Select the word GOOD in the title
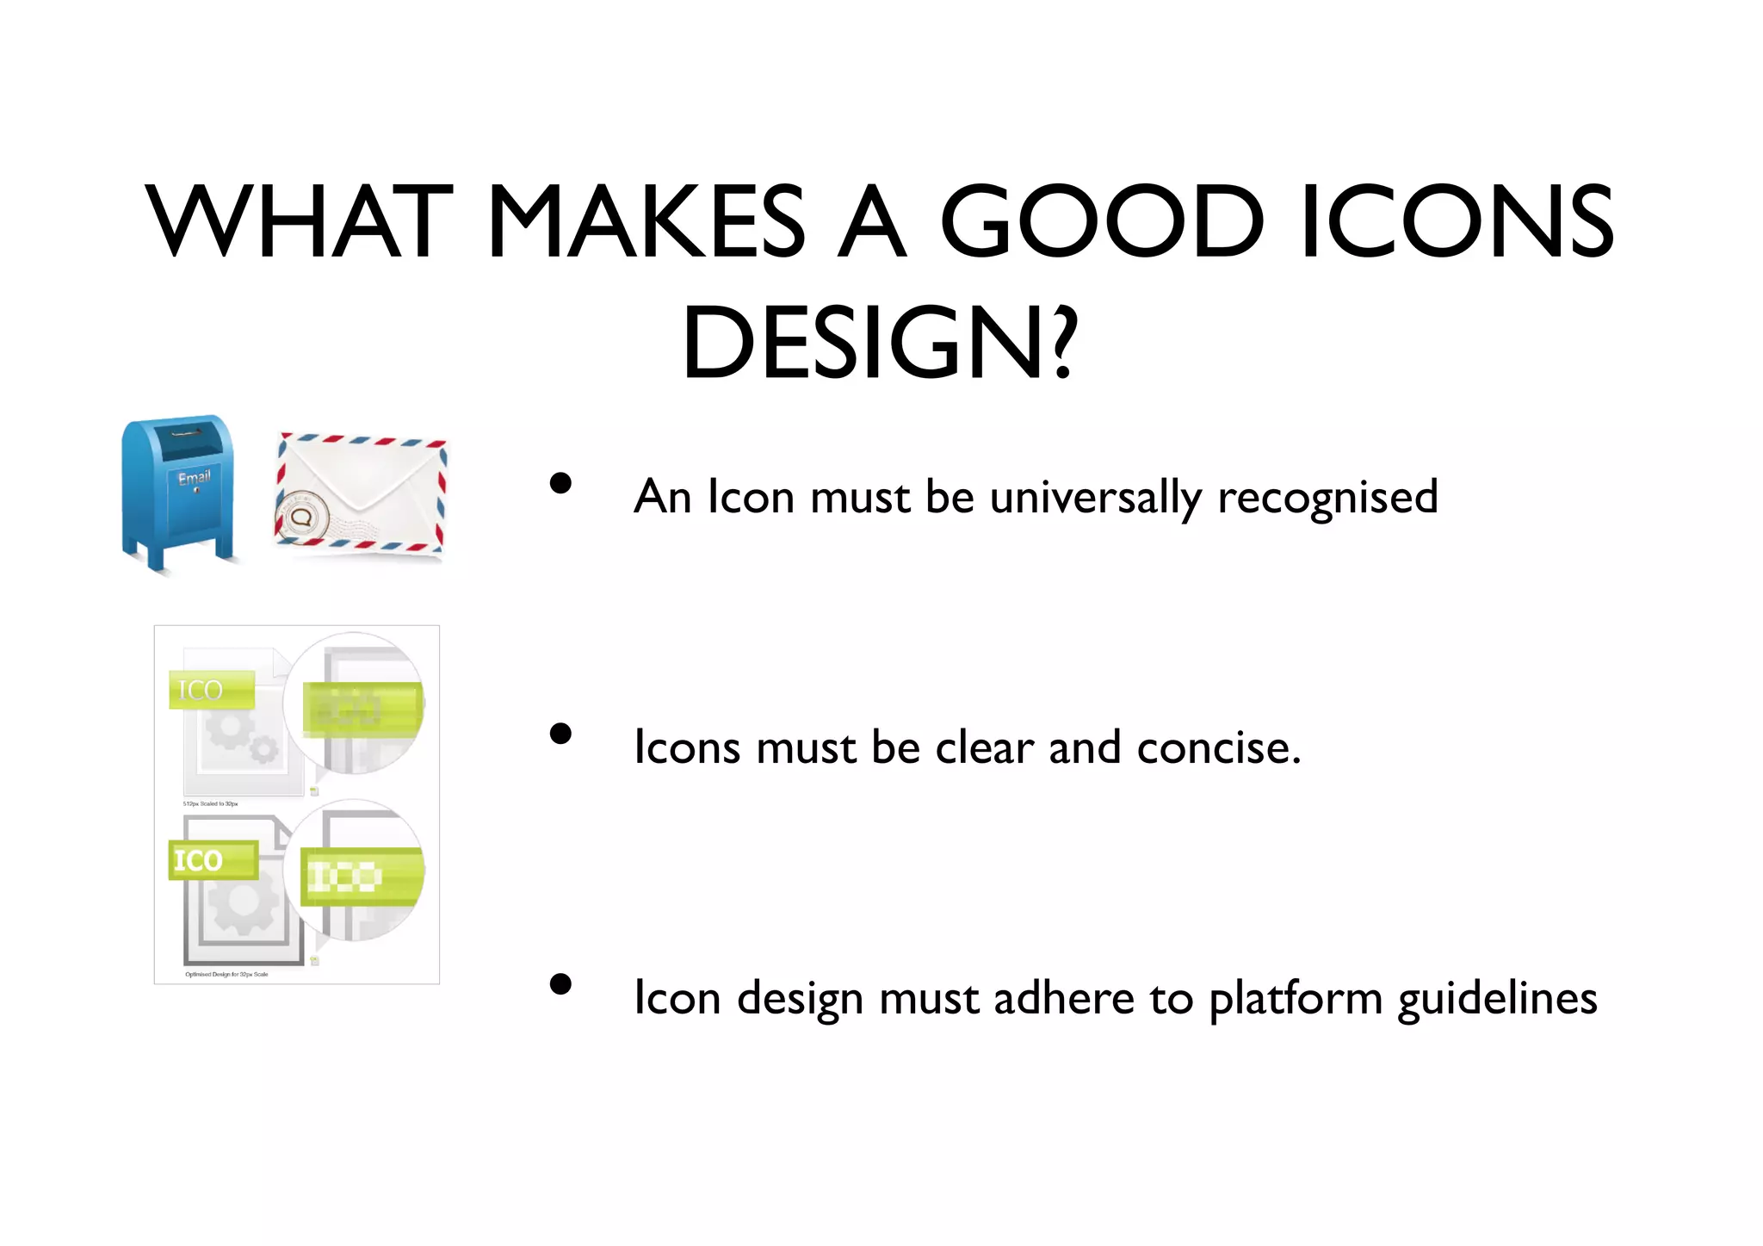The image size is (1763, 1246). (1103, 221)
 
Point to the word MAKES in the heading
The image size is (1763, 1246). (646, 221)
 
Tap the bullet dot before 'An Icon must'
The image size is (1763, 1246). (561, 483)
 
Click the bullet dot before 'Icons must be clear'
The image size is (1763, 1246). (561, 734)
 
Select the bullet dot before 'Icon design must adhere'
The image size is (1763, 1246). (561, 984)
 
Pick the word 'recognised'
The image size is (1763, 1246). (1327, 498)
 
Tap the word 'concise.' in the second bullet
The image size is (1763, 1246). (1218, 747)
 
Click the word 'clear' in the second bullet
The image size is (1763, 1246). (985, 747)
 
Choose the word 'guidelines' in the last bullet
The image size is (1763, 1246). (1497, 999)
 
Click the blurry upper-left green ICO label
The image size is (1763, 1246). (211, 690)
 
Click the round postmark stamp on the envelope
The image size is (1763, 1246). (301, 517)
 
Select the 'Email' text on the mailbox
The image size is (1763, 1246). (194, 478)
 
